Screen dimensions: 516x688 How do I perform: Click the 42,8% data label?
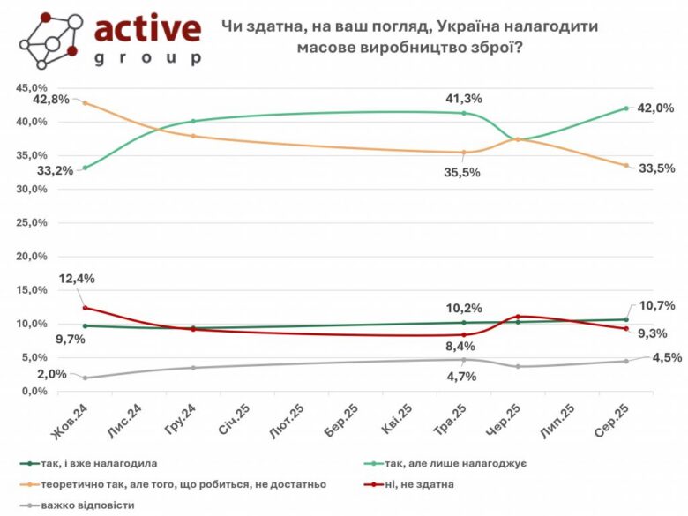click(51, 100)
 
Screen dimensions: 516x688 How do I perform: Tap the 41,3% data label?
click(464, 98)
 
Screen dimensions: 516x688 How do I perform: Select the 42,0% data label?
click(655, 108)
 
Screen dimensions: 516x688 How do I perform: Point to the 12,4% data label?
click(77, 278)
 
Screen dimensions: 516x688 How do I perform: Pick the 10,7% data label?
click(657, 305)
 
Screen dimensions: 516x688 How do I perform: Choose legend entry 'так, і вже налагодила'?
click(105, 461)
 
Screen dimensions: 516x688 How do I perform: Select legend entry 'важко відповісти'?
click(91, 505)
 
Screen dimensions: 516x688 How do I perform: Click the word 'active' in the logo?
click(147, 28)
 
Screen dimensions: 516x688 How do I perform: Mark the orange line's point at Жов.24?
click(85, 103)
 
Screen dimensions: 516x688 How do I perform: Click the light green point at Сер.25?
click(625, 108)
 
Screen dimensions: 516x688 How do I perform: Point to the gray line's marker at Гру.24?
click(193, 367)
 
